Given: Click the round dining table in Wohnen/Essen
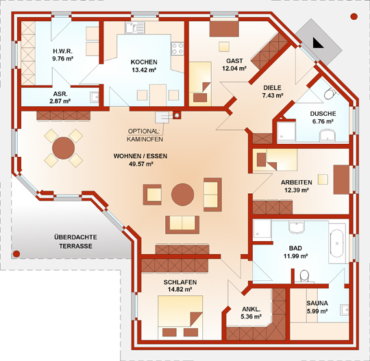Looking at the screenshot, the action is coord(64,148).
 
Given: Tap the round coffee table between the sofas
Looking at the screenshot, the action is coord(183,195).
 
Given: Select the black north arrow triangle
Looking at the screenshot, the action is coord(318,42).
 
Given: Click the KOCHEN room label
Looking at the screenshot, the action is coord(144,62).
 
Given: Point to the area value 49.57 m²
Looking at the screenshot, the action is coord(141,164).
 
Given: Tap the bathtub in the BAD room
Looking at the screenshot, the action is coord(336,243).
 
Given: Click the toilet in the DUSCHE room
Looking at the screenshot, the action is coord(330,94).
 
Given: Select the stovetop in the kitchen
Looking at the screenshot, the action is coord(177,49).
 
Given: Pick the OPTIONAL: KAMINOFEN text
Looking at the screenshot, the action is coord(145,135).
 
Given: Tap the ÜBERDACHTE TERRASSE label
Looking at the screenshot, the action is coord(75,241).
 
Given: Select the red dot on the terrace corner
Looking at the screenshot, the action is coord(16,253).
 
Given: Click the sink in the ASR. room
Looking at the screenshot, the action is coord(95,97).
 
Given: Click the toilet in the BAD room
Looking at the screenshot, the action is coord(304,275).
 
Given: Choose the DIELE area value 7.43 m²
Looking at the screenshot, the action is coord(273,95).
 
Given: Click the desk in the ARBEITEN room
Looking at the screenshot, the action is coord(341,179).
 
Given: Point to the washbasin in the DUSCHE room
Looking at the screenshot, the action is coord(327,135).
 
